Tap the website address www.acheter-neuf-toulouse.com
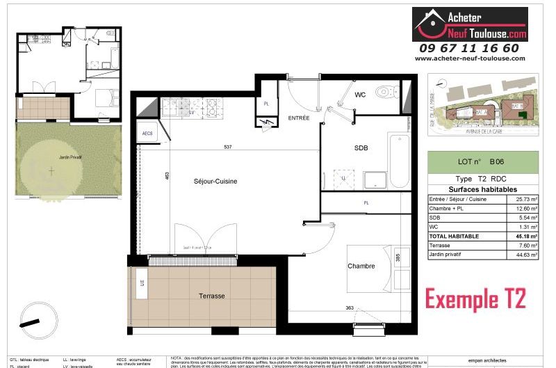pyautogui.click(x=470, y=59)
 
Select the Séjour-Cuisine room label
pyautogui.click(x=215, y=182)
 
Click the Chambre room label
pyautogui.click(x=361, y=266)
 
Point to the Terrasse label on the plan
pyautogui.click(x=211, y=296)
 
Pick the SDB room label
pyautogui.click(x=360, y=147)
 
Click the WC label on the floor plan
pyautogui.click(x=360, y=95)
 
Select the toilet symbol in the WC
pyautogui.click(x=383, y=93)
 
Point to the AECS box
pyautogui.click(x=147, y=133)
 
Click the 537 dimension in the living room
pyautogui.click(x=227, y=147)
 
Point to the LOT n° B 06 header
pyautogui.click(x=482, y=162)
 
